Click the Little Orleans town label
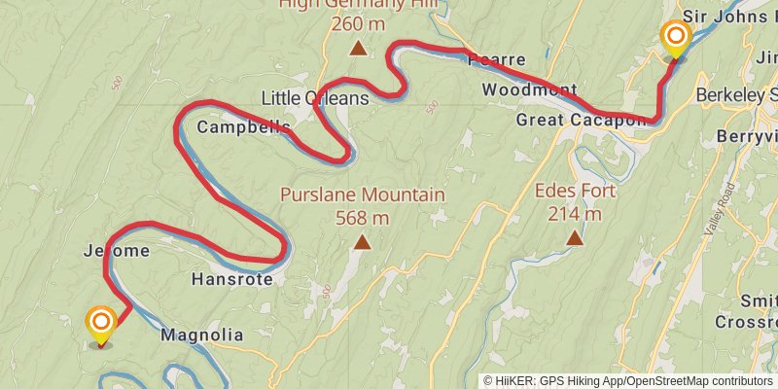315,98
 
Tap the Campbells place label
230,127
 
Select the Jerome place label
118,251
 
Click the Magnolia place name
201,336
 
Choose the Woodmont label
529,90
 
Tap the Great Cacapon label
582,120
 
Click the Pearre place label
496,59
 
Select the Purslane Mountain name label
363,194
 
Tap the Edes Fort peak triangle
575,237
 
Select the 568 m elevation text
363,218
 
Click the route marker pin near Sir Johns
675,40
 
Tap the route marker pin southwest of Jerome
101,324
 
